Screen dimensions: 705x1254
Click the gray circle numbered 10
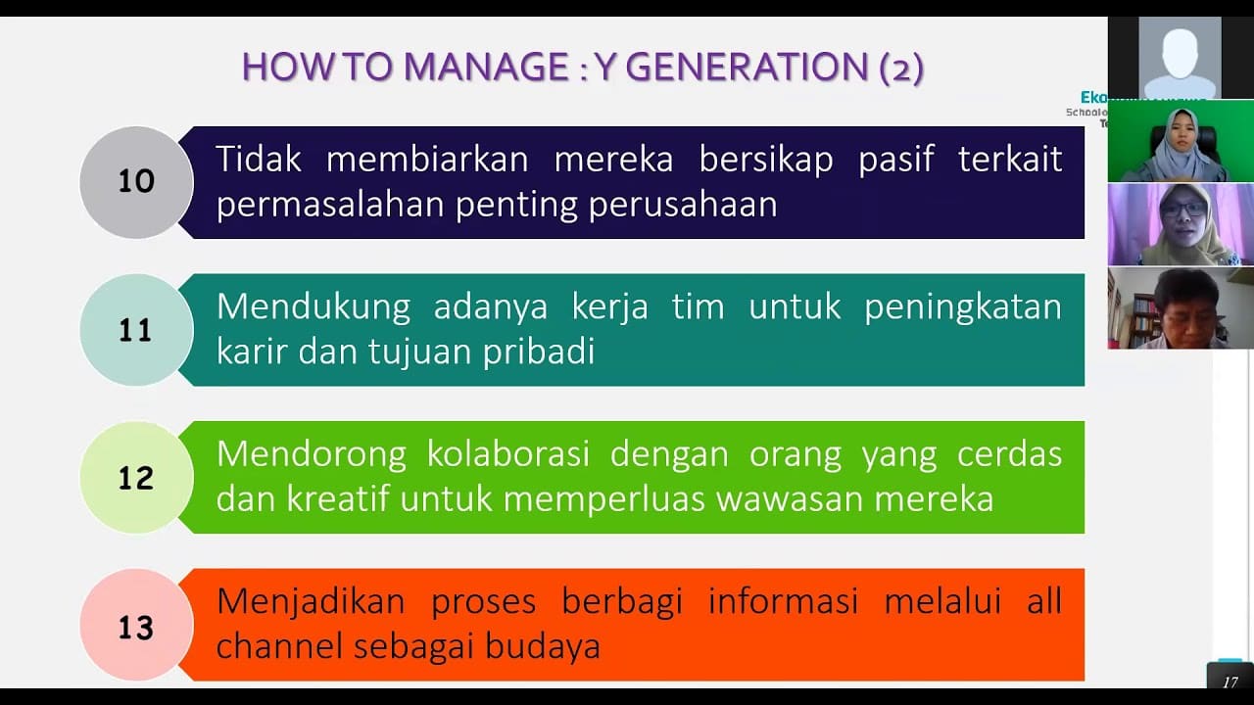[136, 182]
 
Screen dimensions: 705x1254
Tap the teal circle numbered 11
[136, 330]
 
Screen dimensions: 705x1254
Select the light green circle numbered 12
[136, 478]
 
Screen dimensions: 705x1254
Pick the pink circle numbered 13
[136, 626]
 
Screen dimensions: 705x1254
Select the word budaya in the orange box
[544, 646]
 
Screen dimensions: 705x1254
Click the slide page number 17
[1230, 681]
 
